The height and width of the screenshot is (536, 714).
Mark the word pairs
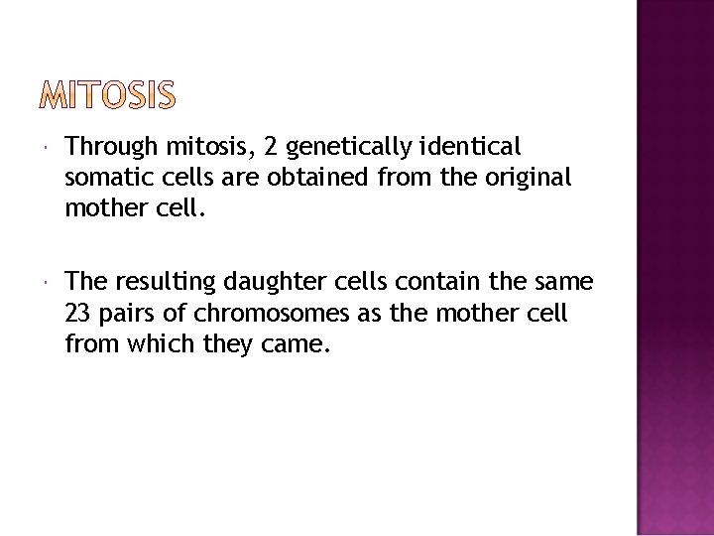126,314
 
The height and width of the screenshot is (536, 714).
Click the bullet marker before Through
48,148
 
